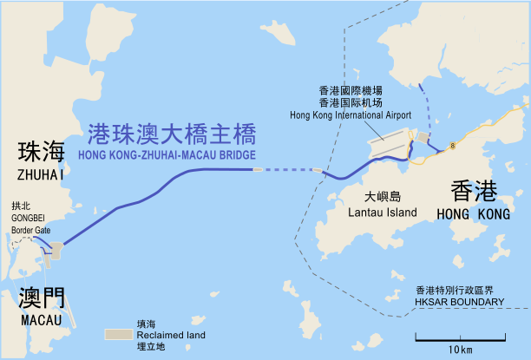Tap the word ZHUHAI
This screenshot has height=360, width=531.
pos(40,174)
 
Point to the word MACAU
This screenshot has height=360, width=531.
pos(40,321)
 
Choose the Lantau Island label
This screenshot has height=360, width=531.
pos(381,212)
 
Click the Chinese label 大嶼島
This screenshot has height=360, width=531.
pos(382,197)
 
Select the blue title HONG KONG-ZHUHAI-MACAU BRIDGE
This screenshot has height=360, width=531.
pos(167,155)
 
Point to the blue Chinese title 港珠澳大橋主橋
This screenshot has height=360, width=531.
pos(172,134)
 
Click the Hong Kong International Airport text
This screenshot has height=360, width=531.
pos(351,115)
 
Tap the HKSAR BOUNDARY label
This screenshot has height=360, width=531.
pos(459,302)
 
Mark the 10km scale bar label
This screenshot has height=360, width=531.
pos(461,349)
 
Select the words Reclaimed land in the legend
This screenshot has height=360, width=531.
pos(171,334)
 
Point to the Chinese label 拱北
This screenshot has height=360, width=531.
pos(21,206)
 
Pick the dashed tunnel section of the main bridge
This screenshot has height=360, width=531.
pos(286,170)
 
